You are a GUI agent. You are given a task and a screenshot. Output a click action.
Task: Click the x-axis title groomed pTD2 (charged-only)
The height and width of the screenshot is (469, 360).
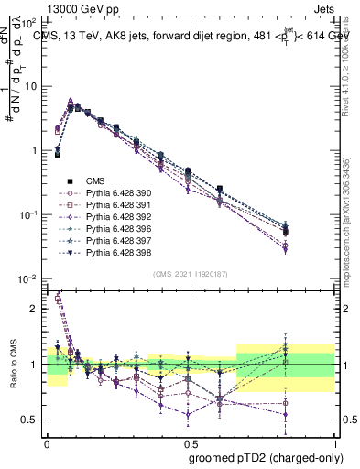tap(266, 456)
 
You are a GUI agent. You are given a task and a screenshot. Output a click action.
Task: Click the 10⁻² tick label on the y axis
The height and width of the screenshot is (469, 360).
tap(28, 278)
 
